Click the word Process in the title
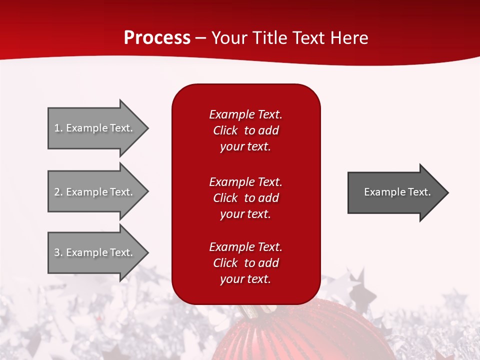[157, 38]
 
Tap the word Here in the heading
[348, 38]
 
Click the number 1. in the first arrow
[58, 128]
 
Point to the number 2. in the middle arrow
[58, 192]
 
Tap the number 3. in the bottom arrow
[58, 252]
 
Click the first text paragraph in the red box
[245, 130]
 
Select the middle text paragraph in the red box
[245, 198]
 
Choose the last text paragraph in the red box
[245, 263]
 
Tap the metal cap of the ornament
[250, 310]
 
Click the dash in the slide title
[200, 38]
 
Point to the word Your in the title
[229, 38]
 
